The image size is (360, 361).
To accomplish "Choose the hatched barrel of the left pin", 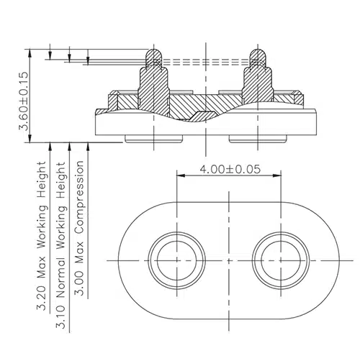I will point(151,83).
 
